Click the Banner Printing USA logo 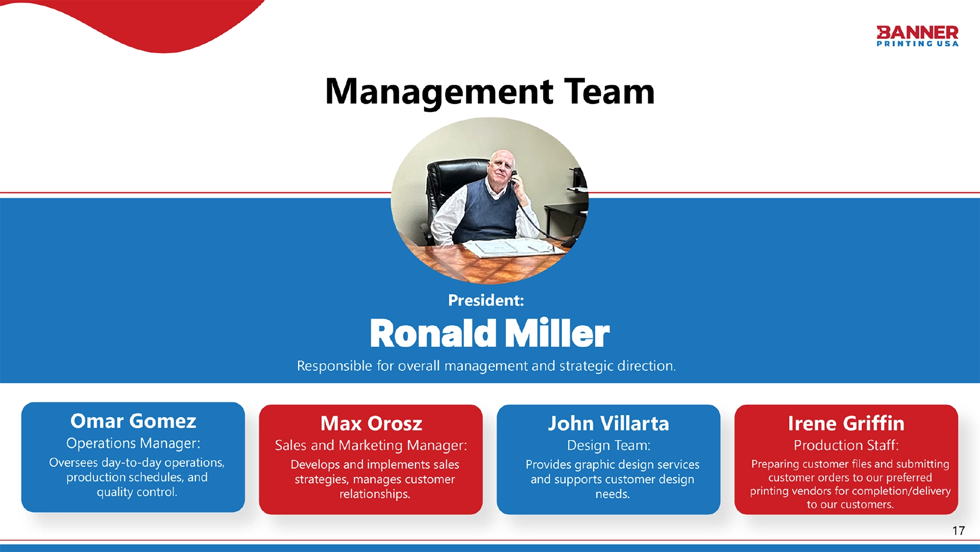[x=917, y=36]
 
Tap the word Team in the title [x=609, y=92]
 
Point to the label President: [x=486, y=300]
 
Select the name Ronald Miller [x=489, y=333]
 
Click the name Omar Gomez [x=133, y=421]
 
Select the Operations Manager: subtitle [x=133, y=443]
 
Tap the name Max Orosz [x=371, y=424]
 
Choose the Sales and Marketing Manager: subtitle [x=371, y=445]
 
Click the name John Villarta [x=608, y=424]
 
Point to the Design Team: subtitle [x=608, y=445]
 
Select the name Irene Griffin [x=846, y=424]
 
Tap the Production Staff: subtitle [x=846, y=445]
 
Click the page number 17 [x=959, y=531]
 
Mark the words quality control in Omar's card [x=137, y=492]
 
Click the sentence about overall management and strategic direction [x=486, y=366]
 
